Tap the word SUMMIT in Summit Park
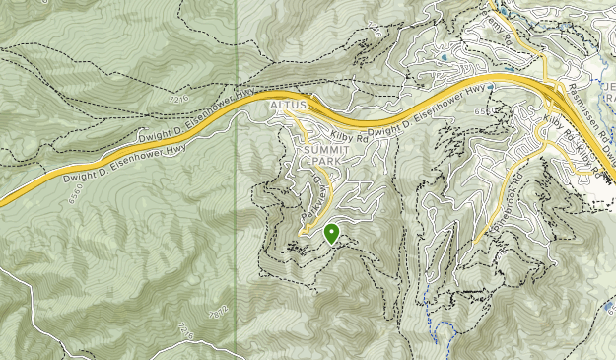pyautogui.click(x=324, y=150)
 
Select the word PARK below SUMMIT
pyautogui.click(x=324, y=163)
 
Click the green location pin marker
pyautogui.click(x=331, y=233)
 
